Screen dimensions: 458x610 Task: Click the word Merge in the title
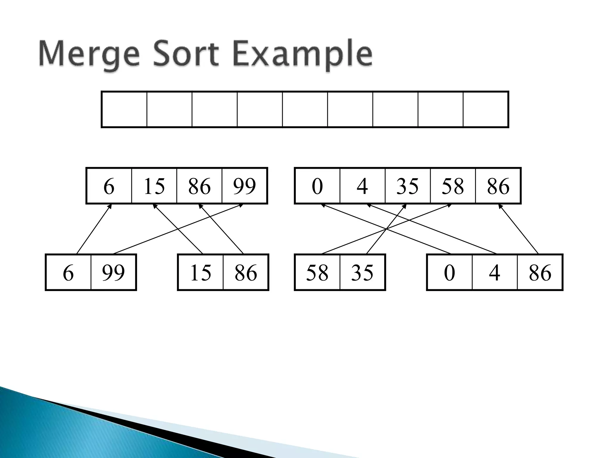click(x=89, y=55)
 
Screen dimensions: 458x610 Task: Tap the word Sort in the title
click(x=186, y=55)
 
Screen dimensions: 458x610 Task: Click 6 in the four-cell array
click(x=109, y=186)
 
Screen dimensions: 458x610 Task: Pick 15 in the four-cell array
click(x=154, y=186)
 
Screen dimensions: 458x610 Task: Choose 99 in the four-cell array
click(x=245, y=186)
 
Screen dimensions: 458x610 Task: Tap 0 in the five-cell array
click(x=317, y=186)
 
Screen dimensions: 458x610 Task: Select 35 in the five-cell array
click(x=407, y=186)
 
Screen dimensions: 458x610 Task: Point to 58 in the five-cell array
click(x=453, y=186)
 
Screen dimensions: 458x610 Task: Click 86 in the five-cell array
click(x=498, y=186)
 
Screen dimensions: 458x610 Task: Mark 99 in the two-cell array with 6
click(x=113, y=273)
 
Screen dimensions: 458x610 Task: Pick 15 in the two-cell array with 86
click(x=200, y=273)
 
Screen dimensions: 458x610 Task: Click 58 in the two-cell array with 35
click(x=317, y=273)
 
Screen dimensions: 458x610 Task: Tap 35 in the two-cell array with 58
click(x=362, y=273)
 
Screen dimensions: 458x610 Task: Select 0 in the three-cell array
click(x=449, y=273)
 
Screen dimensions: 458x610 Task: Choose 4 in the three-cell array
click(x=494, y=273)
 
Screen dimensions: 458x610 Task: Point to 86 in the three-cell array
click(x=540, y=273)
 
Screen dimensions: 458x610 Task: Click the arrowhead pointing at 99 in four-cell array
click(x=241, y=205)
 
